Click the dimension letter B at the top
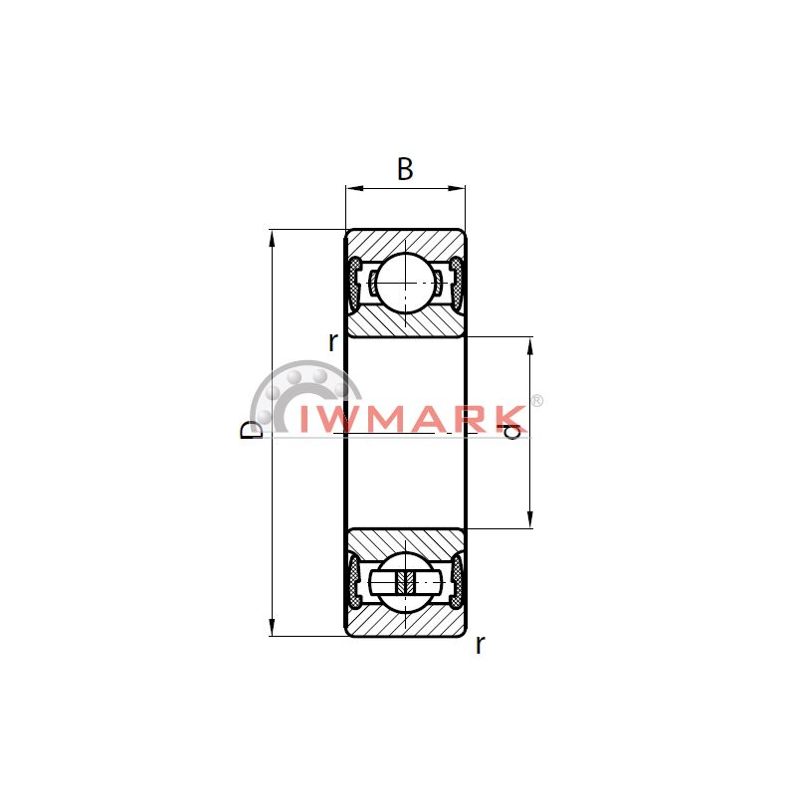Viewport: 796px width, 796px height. pyautogui.click(x=405, y=169)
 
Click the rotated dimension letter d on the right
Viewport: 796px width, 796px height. pyautogui.click(x=512, y=432)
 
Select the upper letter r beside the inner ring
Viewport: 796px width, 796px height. pyautogui.click(x=332, y=342)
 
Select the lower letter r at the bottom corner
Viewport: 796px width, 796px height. pyautogui.click(x=480, y=645)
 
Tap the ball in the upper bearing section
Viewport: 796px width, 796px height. pyautogui.click(x=405, y=283)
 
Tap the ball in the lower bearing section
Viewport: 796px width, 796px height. pyautogui.click(x=405, y=582)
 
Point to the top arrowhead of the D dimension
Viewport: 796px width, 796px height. pyautogui.click(x=273, y=238)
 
